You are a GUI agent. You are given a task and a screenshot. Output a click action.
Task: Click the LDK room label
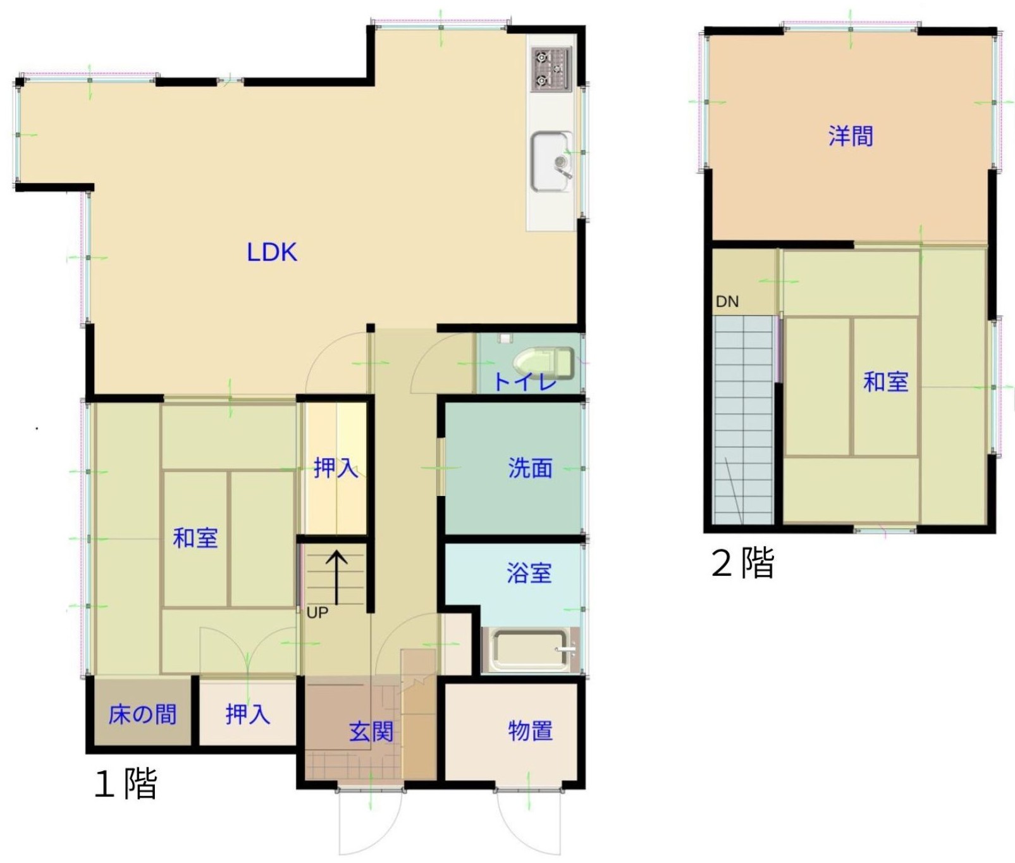(272, 252)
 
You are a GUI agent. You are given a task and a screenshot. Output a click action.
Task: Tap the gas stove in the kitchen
(551, 69)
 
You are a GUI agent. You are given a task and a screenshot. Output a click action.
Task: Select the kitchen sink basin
(551, 161)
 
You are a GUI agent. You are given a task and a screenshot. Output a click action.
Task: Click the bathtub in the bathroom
(530, 650)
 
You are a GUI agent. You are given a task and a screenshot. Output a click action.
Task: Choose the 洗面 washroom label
(530, 468)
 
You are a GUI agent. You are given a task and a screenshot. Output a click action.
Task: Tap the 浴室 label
(529, 573)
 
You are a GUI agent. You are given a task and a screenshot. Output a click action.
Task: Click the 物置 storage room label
(531, 731)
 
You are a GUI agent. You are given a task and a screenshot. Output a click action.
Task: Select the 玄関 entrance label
(371, 732)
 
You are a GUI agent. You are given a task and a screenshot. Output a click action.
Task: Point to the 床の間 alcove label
(142, 714)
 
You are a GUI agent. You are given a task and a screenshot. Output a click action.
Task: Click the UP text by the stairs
(317, 612)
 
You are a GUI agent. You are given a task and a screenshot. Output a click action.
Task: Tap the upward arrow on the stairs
(336, 578)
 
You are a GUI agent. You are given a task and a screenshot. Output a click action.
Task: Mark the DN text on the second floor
(727, 301)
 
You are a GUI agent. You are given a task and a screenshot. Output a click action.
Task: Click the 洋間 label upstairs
(851, 136)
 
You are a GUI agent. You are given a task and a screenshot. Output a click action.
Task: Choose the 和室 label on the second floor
(886, 382)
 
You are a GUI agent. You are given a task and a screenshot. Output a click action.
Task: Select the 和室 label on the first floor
(195, 538)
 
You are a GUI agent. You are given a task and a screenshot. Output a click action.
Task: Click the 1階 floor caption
(125, 783)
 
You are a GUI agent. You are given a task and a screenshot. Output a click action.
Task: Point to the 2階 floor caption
(743, 562)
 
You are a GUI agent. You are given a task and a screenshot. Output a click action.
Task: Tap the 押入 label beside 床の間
(248, 714)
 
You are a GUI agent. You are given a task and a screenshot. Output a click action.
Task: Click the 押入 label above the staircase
(336, 468)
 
